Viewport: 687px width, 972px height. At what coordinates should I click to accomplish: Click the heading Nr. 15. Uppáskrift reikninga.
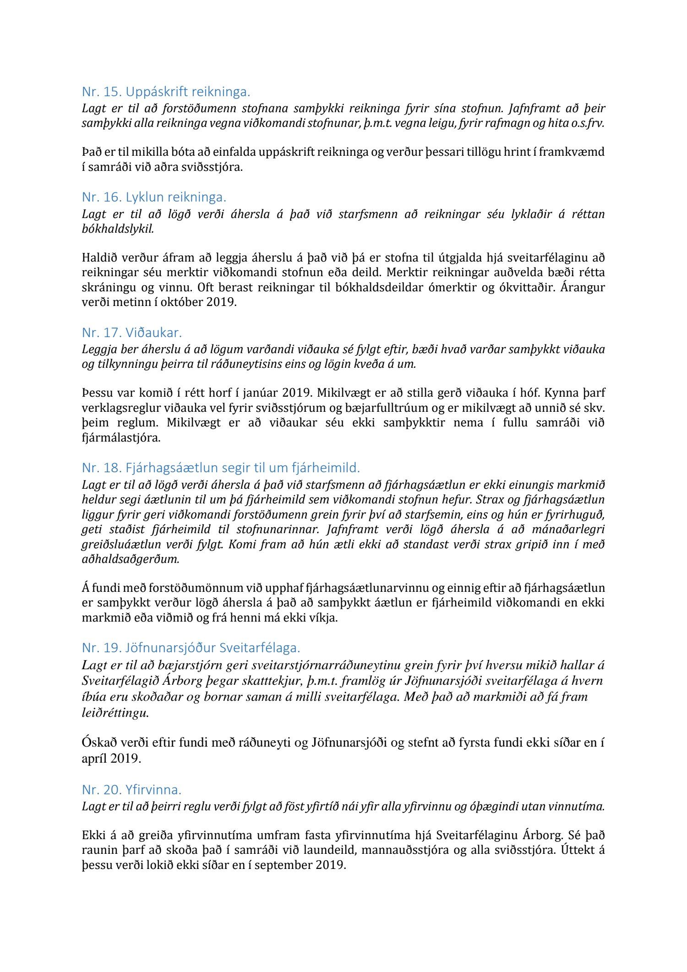point(166,92)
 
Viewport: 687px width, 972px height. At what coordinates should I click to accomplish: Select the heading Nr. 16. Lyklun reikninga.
point(154,197)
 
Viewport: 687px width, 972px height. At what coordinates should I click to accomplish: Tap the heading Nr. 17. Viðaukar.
point(132,333)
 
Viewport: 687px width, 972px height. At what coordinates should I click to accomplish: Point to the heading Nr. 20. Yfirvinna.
point(131,790)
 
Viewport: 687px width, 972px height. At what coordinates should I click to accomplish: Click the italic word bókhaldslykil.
point(118,229)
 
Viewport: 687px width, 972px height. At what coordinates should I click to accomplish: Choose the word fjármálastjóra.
point(121,437)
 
